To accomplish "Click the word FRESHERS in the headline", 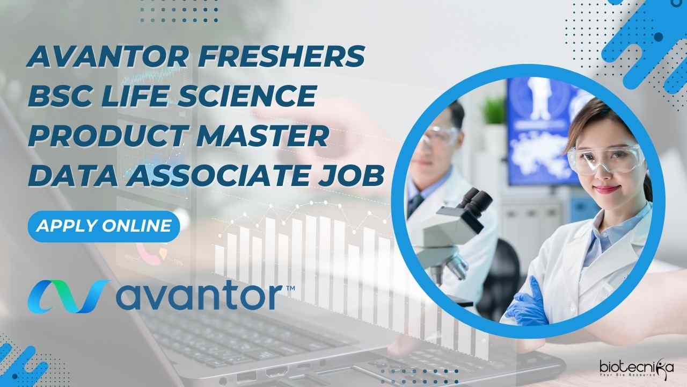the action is (x=281, y=56).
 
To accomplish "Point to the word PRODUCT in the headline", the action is (x=108, y=135).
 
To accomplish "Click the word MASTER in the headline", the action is (x=262, y=135).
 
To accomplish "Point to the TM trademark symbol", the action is (x=290, y=288).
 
